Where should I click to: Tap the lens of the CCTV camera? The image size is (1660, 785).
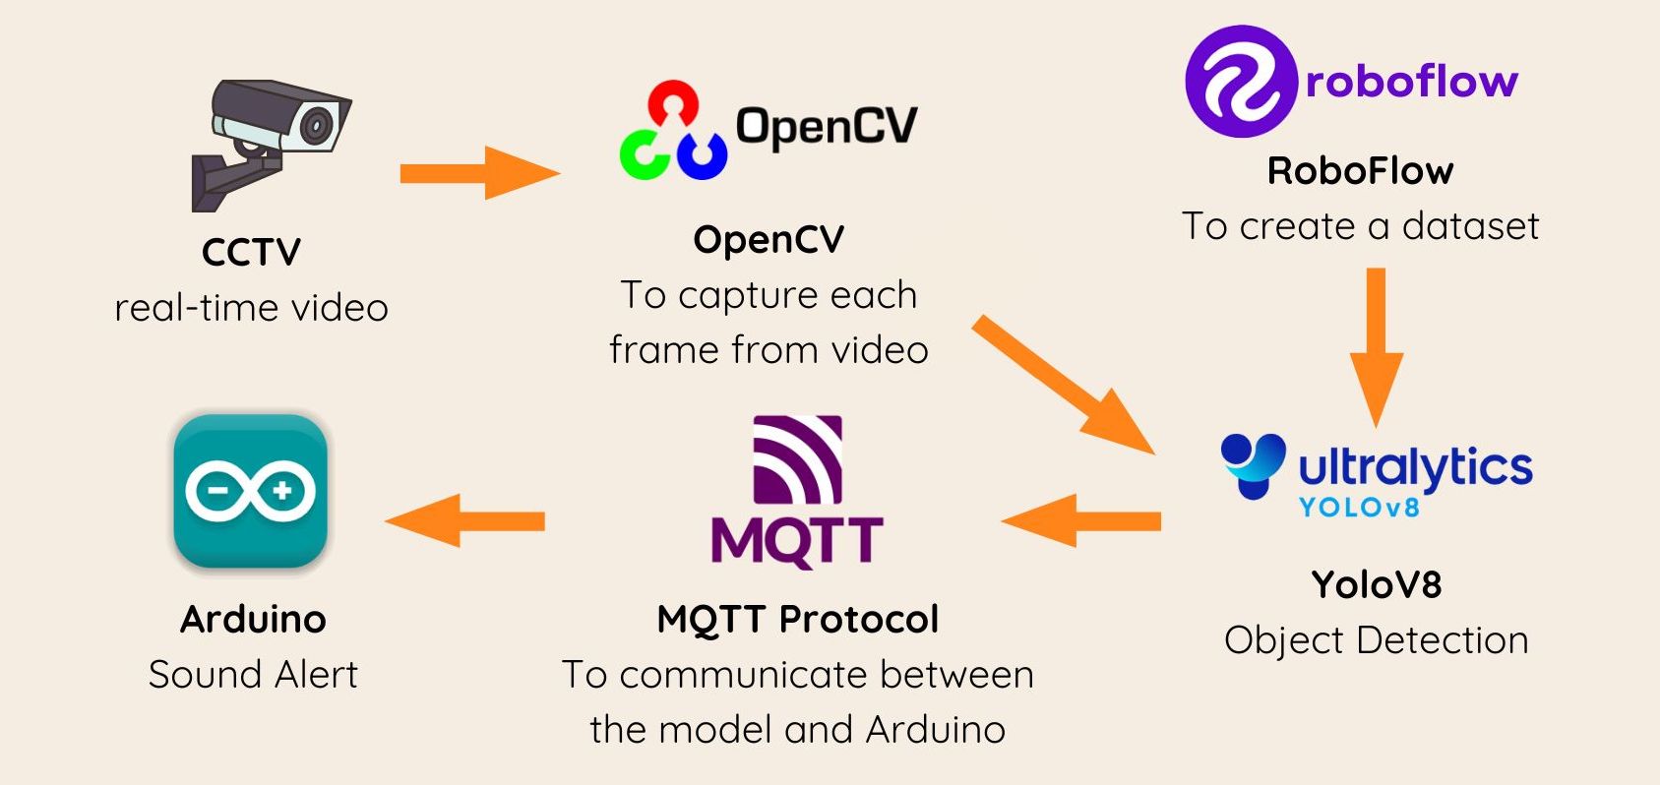pyautogui.click(x=316, y=125)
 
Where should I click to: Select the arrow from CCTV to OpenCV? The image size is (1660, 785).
pyautogui.click(x=478, y=173)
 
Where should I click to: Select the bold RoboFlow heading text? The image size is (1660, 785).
pyautogui.click(x=1360, y=171)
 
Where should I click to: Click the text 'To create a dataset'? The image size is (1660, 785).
pyautogui.click(x=1360, y=226)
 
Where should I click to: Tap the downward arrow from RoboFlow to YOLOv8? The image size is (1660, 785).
pyautogui.click(x=1376, y=344)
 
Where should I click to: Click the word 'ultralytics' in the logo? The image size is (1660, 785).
pyautogui.click(x=1415, y=467)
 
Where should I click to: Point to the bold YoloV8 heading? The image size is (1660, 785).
pyautogui.click(x=1376, y=585)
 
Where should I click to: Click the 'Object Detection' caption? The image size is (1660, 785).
pyautogui.click(x=1376, y=640)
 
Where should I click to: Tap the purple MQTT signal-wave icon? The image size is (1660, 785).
pyautogui.click(x=797, y=460)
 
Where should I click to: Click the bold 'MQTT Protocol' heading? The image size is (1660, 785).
pyautogui.click(x=797, y=620)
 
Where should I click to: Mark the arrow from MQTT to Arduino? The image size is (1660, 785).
pyautogui.click(x=464, y=520)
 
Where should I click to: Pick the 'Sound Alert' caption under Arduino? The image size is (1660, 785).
pyautogui.click(x=253, y=675)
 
